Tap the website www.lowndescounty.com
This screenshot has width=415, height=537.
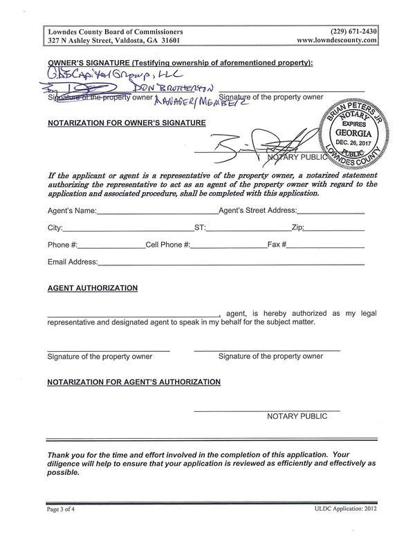click(x=337, y=41)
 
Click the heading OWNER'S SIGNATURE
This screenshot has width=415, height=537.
click(x=180, y=63)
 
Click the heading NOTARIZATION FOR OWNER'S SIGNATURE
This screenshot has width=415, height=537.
click(x=127, y=123)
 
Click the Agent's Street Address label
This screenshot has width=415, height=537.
click(x=257, y=210)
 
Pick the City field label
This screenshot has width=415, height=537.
click(x=55, y=227)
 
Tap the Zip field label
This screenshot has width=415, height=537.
click(x=297, y=227)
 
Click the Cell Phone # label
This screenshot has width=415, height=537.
click(x=167, y=245)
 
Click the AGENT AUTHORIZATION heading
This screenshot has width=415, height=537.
click(x=92, y=288)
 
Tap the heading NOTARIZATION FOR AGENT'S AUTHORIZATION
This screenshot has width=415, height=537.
click(x=133, y=381)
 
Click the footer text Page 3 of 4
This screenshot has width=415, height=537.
click(x=64, y=509)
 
